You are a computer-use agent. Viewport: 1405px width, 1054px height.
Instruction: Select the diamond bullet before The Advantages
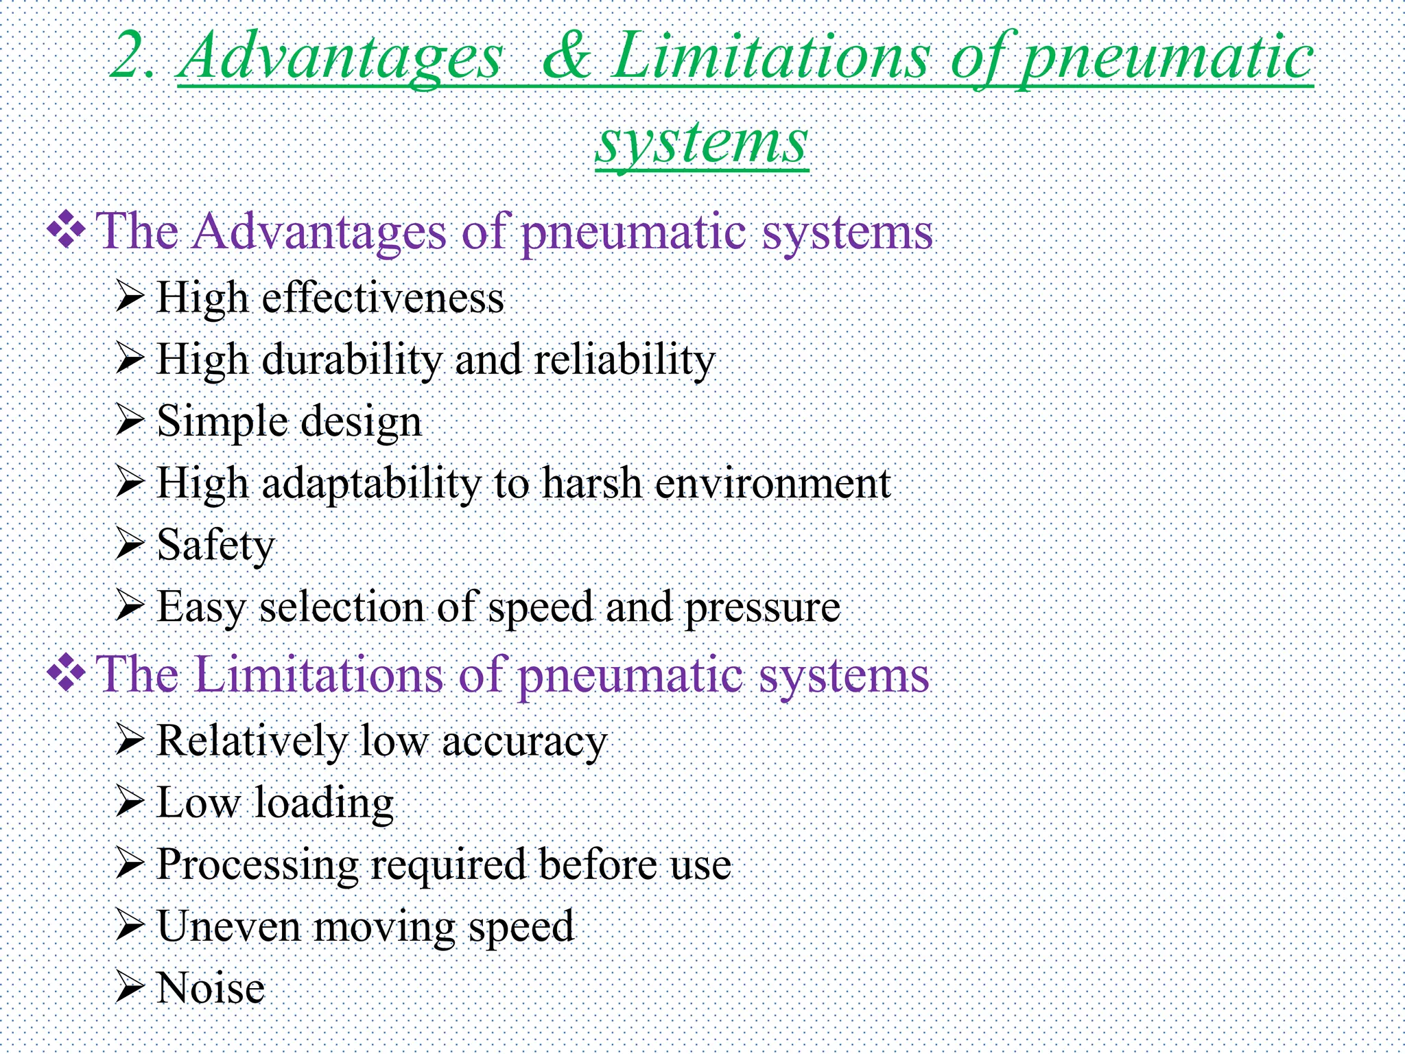point(66,231)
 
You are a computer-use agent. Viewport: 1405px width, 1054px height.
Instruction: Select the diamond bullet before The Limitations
point(66,674)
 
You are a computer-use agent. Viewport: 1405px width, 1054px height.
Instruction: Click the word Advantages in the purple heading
point(319,232)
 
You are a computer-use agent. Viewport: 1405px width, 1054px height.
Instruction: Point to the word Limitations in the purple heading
point(319,675)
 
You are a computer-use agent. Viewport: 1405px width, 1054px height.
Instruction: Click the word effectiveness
point(383,298)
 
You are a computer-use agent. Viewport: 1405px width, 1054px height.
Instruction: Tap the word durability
point(351,360)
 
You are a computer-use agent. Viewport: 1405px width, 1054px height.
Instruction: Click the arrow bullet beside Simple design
point(129,420)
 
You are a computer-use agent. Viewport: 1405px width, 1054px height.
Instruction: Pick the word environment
point(772,483)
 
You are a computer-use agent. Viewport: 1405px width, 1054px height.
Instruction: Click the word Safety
point(215,546)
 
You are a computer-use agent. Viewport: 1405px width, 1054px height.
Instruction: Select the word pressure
point(762,608)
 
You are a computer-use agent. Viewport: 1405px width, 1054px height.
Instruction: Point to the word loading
point(324,803)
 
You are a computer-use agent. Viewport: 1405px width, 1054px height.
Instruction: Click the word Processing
point(257,865)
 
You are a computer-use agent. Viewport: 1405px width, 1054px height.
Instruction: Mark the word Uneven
point(229,926)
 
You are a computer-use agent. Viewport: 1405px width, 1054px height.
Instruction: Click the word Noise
point(211,988)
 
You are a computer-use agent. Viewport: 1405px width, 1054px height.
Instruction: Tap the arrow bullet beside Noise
point(129,987)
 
